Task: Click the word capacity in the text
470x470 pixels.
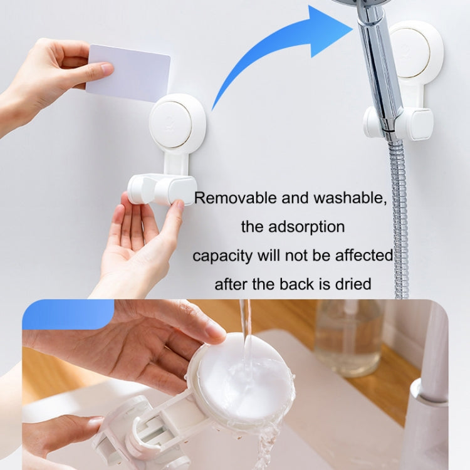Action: (x=222, y=256)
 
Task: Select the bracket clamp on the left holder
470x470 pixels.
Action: (x=162, y=189)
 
